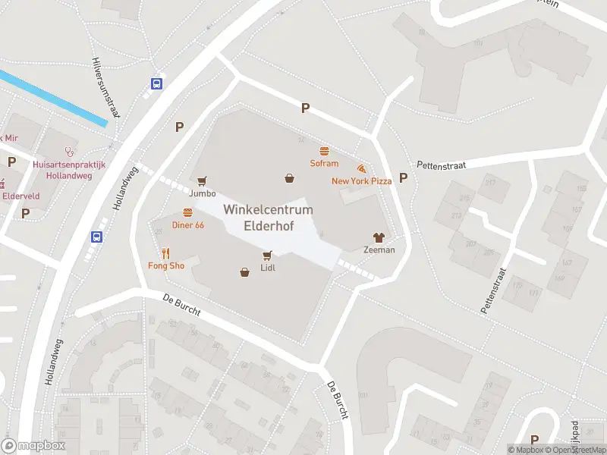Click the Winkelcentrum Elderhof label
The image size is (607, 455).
click(258, 218)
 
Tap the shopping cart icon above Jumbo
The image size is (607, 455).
click(202, 181)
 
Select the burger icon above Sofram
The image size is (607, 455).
click(324, 151)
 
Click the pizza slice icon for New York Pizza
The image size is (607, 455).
click(361, 168)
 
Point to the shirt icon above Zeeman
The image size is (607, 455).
click(379, 237)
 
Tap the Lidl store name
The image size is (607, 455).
click(267, 268)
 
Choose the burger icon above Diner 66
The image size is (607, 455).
click(187, 213)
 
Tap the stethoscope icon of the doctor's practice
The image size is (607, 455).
click(69, 151)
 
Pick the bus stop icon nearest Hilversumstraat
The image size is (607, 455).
click(156, 83)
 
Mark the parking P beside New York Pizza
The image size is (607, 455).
click(404, 177)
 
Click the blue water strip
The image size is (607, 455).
click(53, 99)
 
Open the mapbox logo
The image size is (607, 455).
click(33, 446)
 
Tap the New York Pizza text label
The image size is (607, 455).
click(361, 181)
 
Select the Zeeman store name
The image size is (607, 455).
click(379, 249)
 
